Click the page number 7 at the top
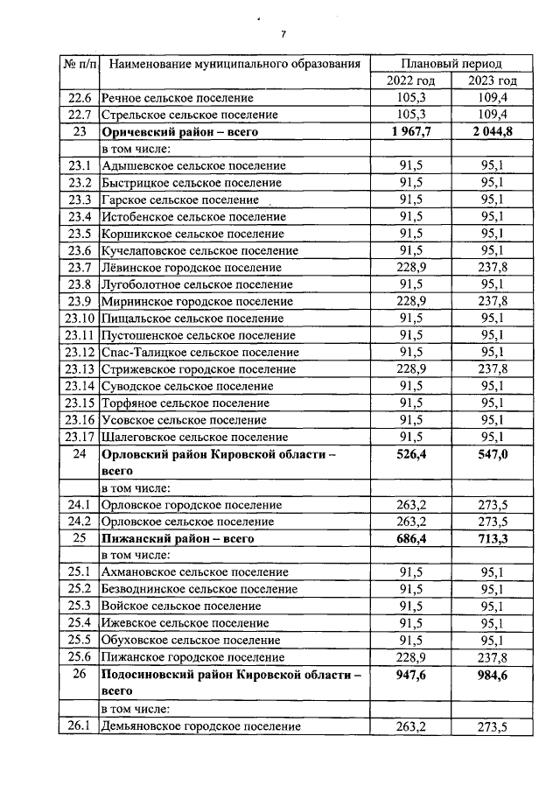coord(283,34)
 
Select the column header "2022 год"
coord(411,81)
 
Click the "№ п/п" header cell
coord(79,64)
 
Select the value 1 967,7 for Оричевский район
coord(411,131)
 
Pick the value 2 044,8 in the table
coord(492,131)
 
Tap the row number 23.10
coord(79,318)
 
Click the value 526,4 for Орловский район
coord(411,454)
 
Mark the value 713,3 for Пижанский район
coord(492,538)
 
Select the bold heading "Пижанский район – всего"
coord(178,538)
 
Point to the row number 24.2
coord(79,522)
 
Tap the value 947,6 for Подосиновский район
coord(411,675)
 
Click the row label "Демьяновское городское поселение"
coord(201,725)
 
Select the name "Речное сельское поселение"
coord(178,98)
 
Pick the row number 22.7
coord(79,115)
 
